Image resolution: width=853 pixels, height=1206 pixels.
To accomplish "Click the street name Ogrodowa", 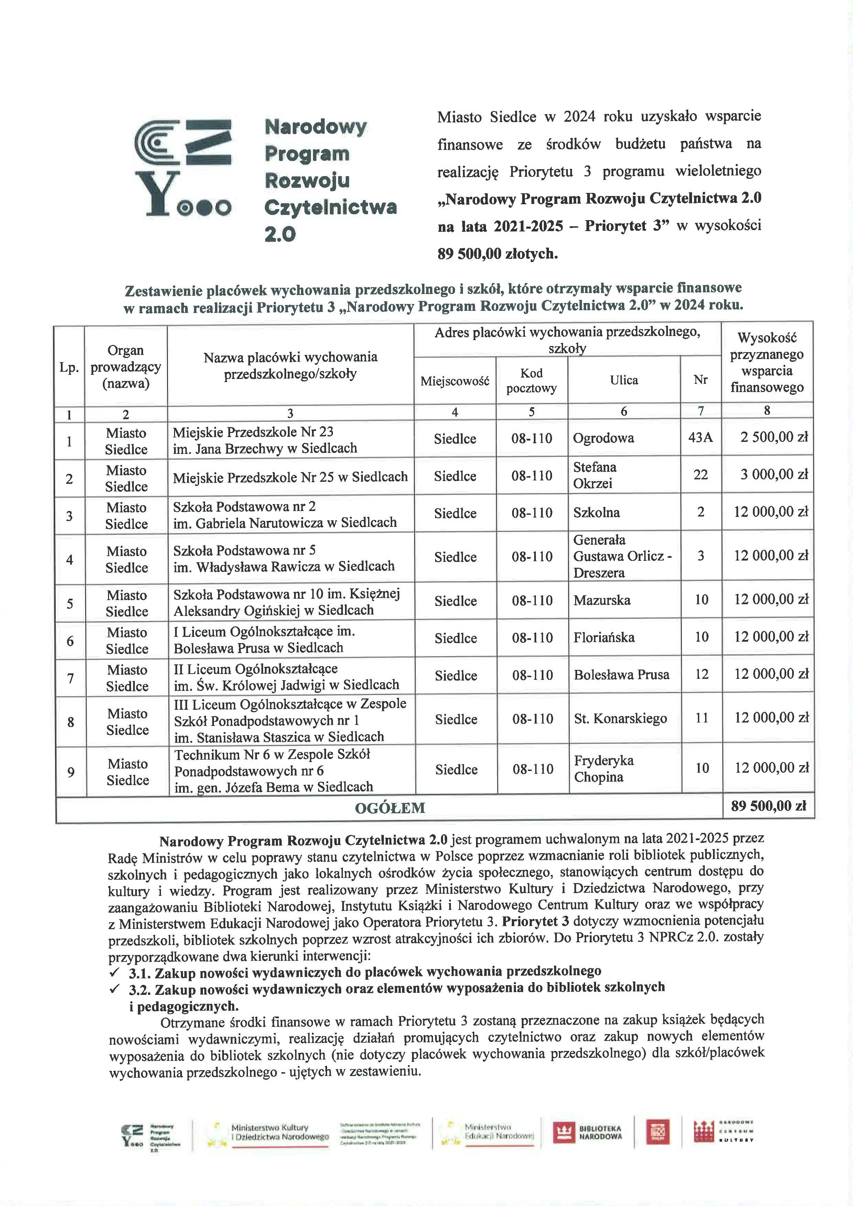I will pos(603,438).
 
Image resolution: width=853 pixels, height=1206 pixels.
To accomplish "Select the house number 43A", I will pos(700,437).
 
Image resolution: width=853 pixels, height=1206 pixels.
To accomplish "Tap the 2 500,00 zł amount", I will pos(774,437).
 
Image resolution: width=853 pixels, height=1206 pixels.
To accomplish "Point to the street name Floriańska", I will pos(604,637).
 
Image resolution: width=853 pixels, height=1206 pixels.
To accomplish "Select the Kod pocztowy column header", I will pos(531,380).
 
